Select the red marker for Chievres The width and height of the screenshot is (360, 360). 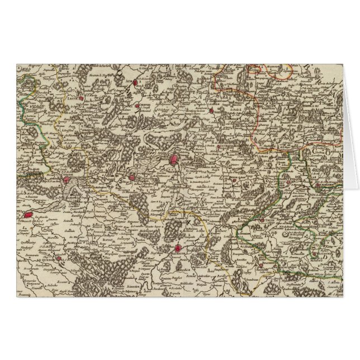tap(136, 105)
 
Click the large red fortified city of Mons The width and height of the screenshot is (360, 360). tap(174, 161)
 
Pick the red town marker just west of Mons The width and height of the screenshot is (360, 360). tap(132, 178)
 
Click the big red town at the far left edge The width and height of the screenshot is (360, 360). tap(26, 214)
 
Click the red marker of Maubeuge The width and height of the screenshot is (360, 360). tap(177, 248)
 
